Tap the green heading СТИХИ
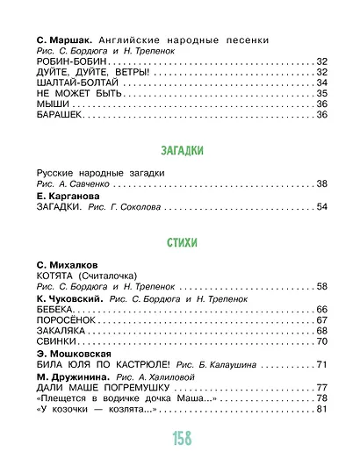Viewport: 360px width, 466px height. pyautogui.click(x=180, y=241)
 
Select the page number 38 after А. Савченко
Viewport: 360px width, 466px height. pyautogui.click(x=320, y=183)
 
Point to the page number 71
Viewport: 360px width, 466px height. pyautogui.click(x=320, y=363)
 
